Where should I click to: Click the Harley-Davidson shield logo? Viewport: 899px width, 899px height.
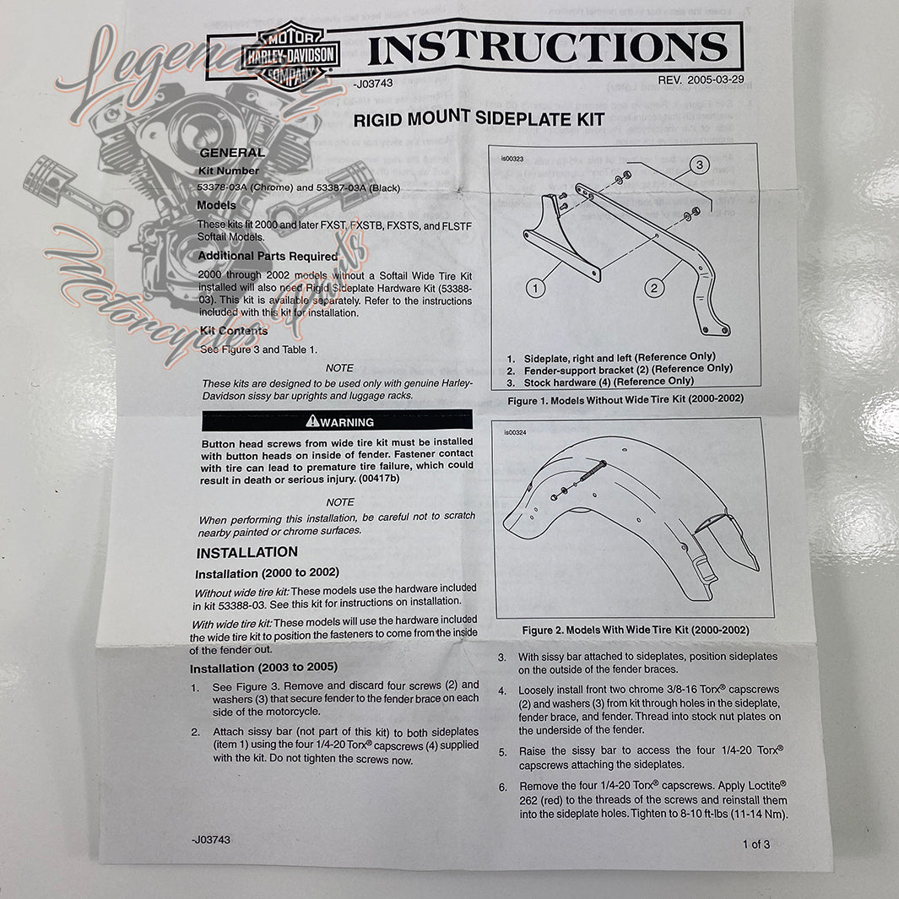(290, 56)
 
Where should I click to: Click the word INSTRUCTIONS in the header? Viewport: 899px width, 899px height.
(548, 49)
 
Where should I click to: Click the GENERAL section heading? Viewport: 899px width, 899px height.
(231, 153)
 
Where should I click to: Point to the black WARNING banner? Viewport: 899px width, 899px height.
(337, 420)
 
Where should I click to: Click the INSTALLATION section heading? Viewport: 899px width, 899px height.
(246, 552)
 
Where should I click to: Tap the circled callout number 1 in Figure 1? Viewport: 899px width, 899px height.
(534, 288)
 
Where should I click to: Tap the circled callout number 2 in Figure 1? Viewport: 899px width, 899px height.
(653, 288)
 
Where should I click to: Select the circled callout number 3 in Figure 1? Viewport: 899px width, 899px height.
(700, 165)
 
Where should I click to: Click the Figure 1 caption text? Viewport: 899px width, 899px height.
(626, 398)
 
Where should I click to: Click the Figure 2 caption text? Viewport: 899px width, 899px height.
(635, 630)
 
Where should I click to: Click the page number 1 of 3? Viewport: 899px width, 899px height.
(755, 843)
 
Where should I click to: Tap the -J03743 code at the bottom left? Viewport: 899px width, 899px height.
(210, 840)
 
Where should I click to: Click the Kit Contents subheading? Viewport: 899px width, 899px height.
(233, 331)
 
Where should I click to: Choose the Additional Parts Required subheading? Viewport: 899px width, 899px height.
(268, 256)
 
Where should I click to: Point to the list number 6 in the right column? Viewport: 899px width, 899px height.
(501, 787)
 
